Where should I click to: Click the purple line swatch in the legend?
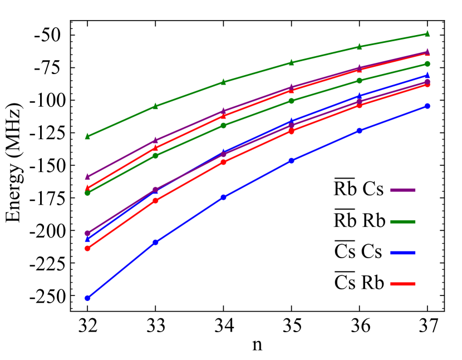click(x=402, y=190)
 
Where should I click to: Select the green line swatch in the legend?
click(x=402, y=221)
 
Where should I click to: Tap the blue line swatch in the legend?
click(x=402, y=253)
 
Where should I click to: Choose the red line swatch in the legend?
click(x=402, y=284)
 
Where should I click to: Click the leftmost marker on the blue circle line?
click(x=87, y=298)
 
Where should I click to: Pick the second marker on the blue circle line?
click(x=155, y=242)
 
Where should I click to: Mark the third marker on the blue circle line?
click(x=223, y=197)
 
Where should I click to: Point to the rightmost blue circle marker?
click(x=427, y=106)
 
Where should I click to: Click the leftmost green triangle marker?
click(x=87, y=136)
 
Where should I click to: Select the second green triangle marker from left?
click(x=155, y=106)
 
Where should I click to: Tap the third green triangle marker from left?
click(x=223, y=82)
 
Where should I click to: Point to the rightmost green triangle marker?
click(x=427, y=33)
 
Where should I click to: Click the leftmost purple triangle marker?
click(x=87, y=176)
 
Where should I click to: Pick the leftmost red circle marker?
click(x=87, y=248)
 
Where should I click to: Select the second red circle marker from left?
click(x=155, y=200)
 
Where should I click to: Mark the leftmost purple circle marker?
click(x=87, y=233)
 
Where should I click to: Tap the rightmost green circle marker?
click(x=427, y=63)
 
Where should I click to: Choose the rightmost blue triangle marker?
click(x=427, y=75)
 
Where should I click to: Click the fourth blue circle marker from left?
click(x=291, y=160)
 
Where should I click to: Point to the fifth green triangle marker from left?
click(x=359, y=46)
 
